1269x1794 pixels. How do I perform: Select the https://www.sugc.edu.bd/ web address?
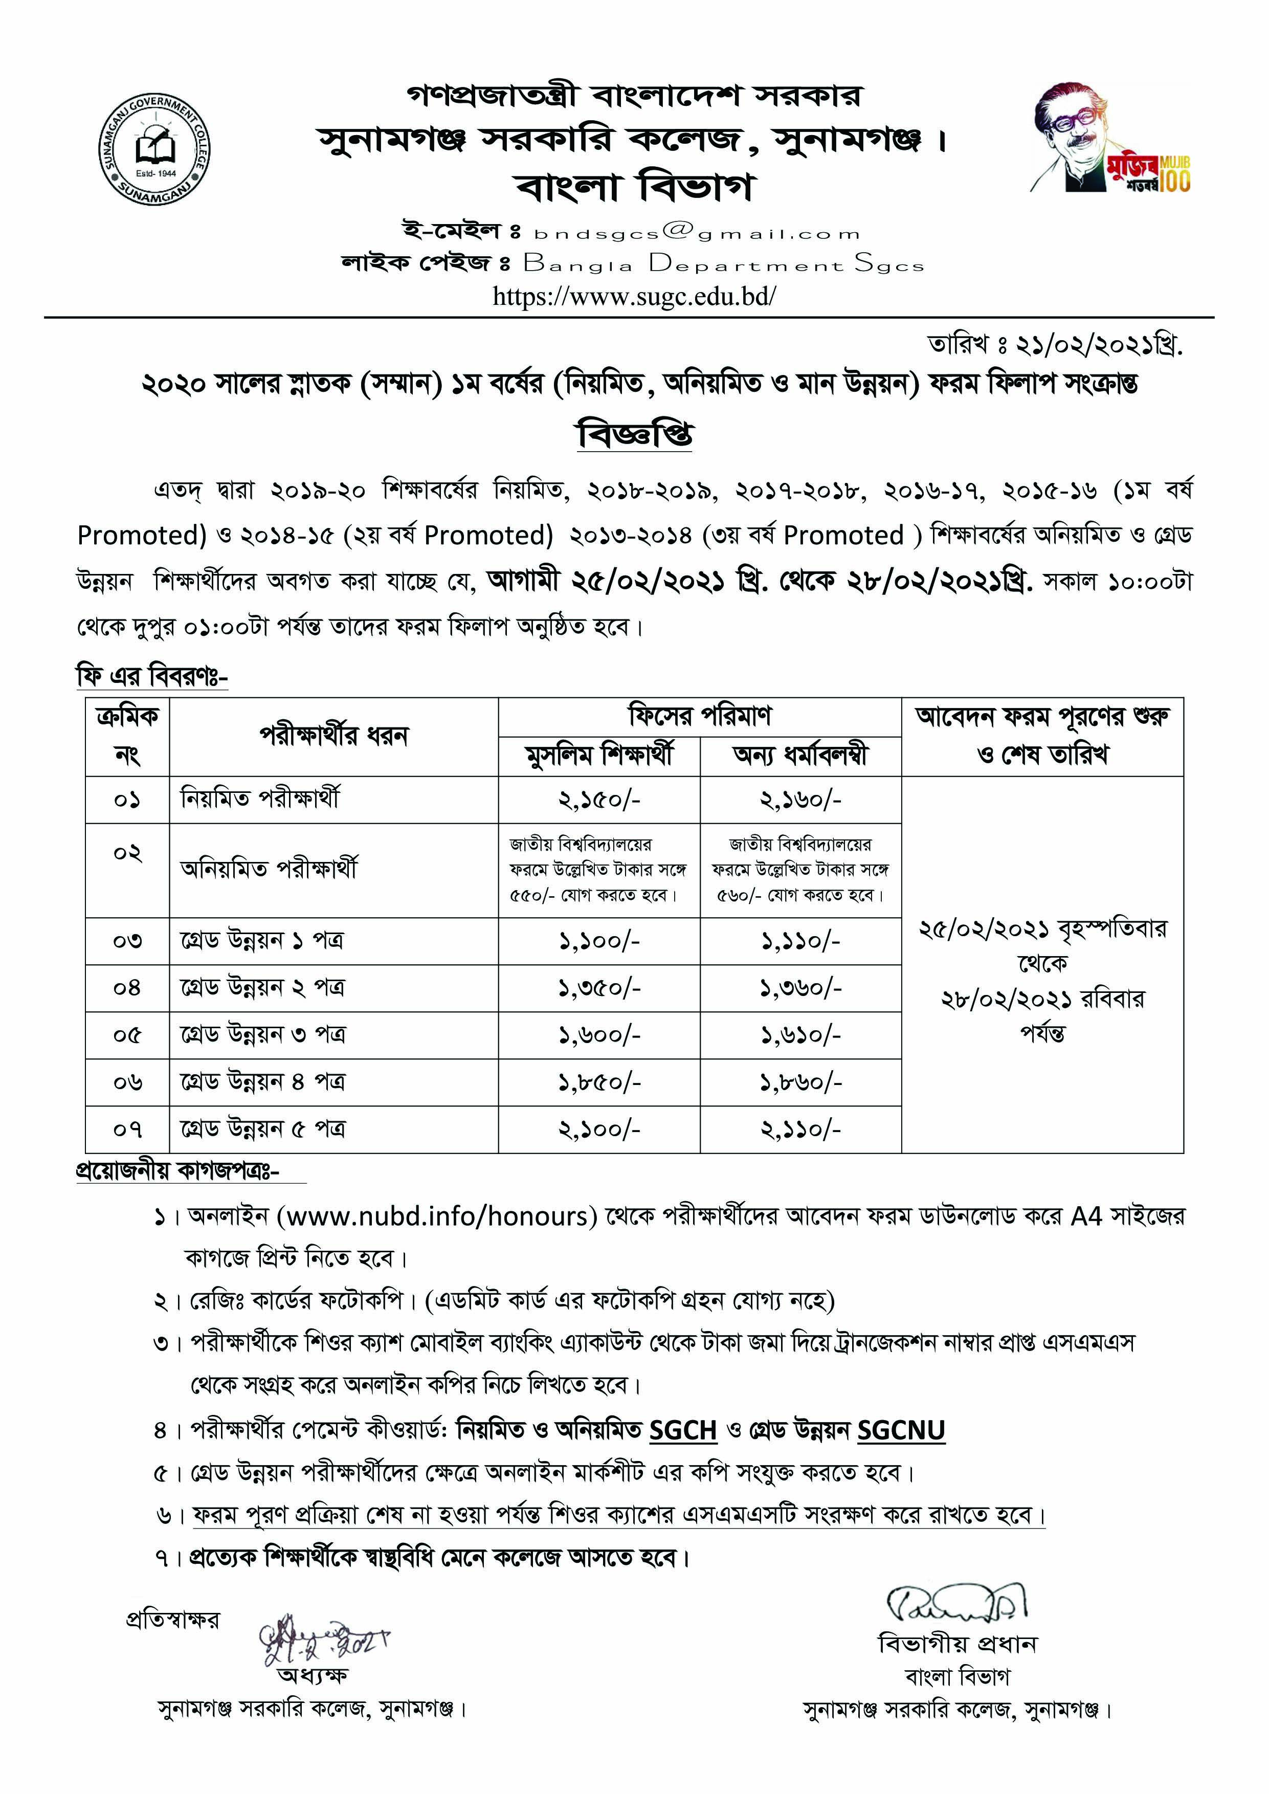634,297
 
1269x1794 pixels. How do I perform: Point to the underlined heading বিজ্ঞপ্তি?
634,434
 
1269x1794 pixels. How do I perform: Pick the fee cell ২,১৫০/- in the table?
599,800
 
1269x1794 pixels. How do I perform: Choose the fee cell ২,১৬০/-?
801,800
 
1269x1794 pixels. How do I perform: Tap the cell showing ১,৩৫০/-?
599,988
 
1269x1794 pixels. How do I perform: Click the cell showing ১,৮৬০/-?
801,1083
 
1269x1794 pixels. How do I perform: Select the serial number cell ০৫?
127,1036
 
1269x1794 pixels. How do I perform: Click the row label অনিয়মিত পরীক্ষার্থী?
270,870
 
